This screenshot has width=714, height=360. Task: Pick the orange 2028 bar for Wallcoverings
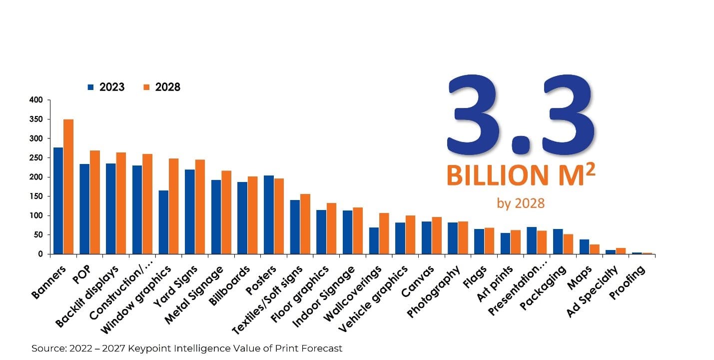click(384, 233)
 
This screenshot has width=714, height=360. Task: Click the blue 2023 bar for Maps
click(584, 246)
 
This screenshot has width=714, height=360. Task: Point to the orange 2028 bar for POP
click(95, 202)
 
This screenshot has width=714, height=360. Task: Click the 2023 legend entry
click(106, 87)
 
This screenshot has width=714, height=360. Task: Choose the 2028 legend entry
click(162, 87)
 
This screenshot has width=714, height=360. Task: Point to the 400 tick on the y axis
click(41, 100)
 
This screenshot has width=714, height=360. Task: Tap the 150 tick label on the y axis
click(41, 196)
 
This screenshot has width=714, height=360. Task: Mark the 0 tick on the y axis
click(42, 254)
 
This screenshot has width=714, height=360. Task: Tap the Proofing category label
click(627, 283)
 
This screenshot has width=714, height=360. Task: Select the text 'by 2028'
click(520, 203)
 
